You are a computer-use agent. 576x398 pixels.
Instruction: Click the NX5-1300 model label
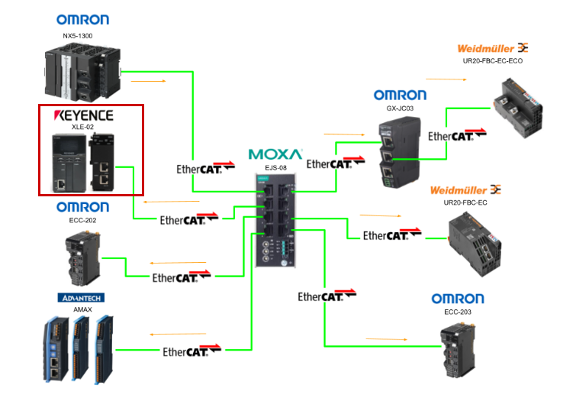[x=82, y=35]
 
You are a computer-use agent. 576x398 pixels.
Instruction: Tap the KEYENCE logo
[x=83, y=116]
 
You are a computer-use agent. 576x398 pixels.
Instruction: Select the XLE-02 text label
[x=83, y=128]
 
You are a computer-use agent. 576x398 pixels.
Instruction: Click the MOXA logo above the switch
[x=275, y=154]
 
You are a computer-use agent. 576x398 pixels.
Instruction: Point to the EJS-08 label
[x=275, y=166]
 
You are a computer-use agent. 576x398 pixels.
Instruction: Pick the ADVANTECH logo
[x=80, y=297]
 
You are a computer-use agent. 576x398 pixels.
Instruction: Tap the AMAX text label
[x=82, y=309]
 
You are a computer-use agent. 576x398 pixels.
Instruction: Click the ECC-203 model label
[x=458, y=312]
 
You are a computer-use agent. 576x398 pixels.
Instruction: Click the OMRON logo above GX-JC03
[x=400, y=95]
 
